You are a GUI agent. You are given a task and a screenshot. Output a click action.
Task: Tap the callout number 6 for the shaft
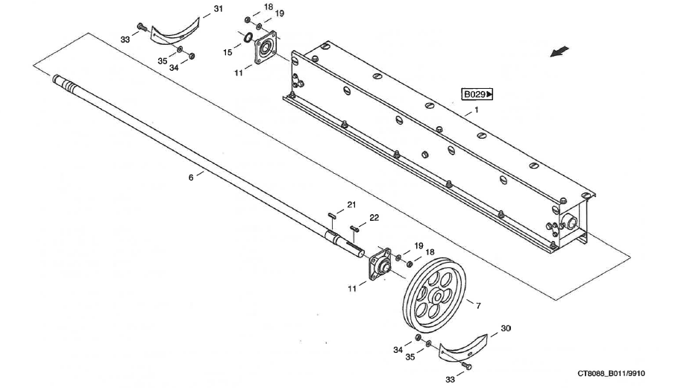tap(190, 178)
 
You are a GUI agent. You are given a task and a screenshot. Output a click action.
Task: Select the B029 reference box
tap(477, 95)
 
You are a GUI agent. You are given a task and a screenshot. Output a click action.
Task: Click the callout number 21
tap(351, 205)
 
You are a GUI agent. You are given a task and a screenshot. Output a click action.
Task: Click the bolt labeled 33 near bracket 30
tap(466, 366)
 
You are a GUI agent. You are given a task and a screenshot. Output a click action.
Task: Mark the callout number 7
tap(477, 304)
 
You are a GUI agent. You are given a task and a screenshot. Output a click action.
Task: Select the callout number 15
tap(228, 52)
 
